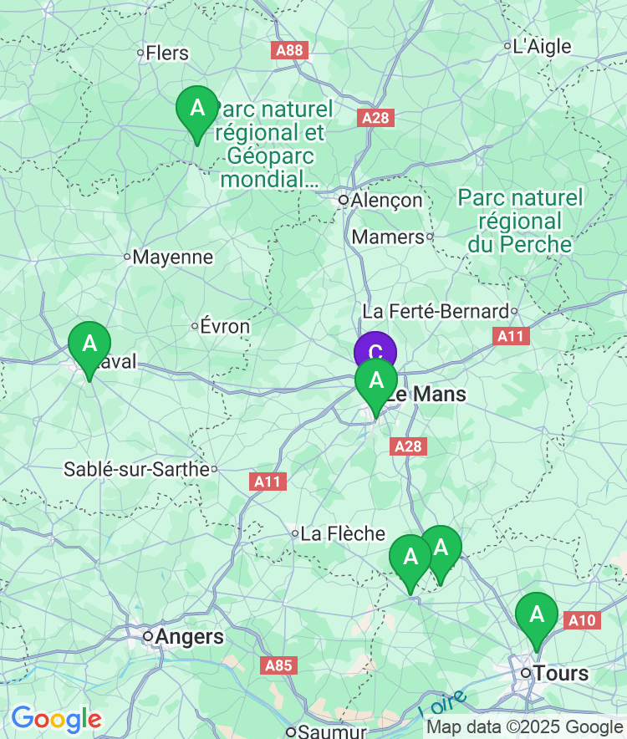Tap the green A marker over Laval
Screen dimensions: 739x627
89,344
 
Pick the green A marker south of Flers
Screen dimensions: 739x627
196,110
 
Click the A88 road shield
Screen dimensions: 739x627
290,51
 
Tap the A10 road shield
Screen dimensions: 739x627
582,620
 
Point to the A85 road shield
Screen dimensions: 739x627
278,665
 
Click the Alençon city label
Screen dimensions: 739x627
386,201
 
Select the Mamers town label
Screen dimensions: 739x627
388,237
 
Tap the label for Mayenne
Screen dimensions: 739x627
173,257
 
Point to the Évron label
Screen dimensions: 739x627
225,326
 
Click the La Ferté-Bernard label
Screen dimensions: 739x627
436,312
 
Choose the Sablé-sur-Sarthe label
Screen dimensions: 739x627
136,469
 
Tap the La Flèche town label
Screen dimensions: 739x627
343,533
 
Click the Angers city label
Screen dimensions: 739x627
189,637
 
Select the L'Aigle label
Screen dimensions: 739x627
542,46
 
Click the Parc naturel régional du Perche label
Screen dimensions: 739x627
520,221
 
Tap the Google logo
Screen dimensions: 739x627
56,719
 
